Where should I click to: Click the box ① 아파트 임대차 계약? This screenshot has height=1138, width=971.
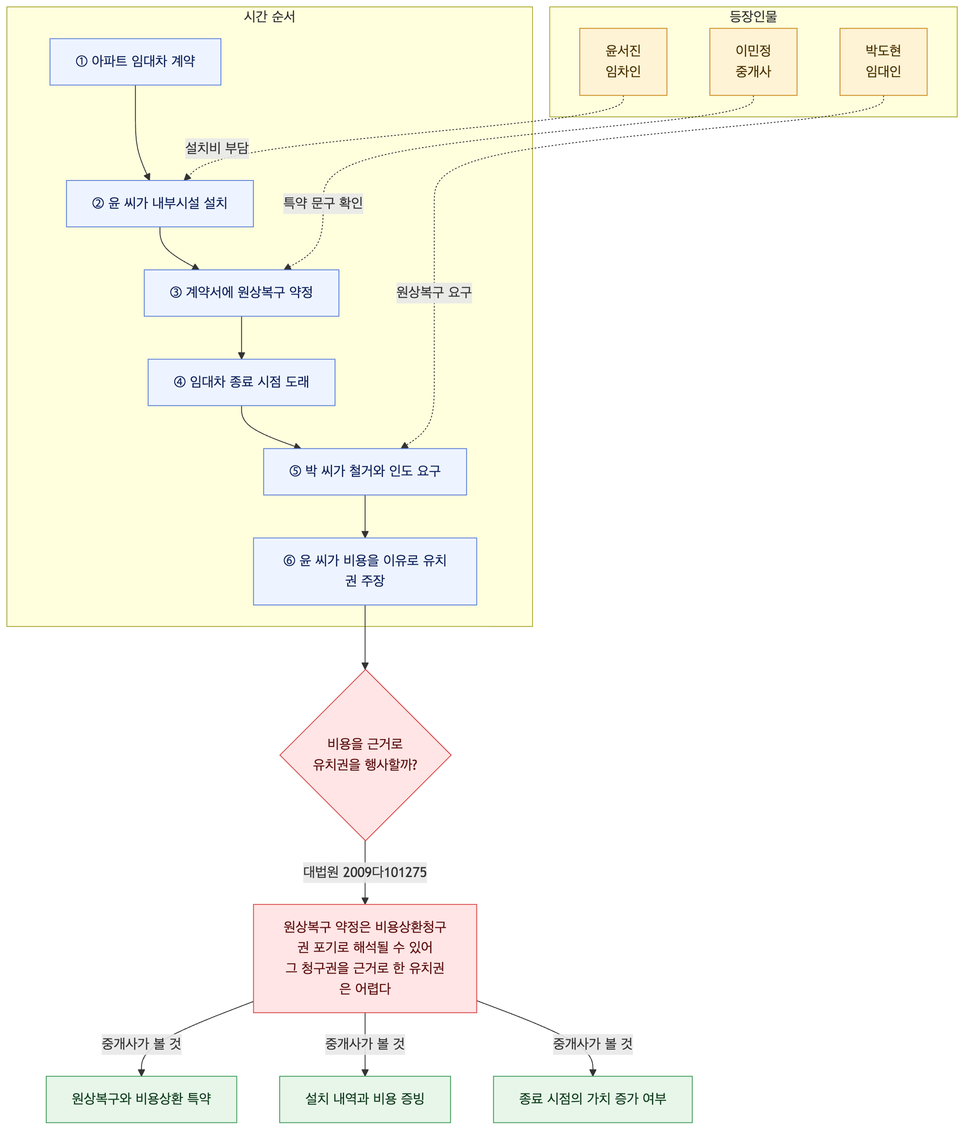pyautogui.click(x=135, y=61)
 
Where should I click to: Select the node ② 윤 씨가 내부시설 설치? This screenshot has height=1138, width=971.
pyautogui.click(x=160, y=203)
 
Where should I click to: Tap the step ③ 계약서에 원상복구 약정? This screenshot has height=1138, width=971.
pyautogui.click(x=242, y=293)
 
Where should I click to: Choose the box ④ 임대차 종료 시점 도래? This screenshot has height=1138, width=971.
pyautogui.click(x=242, y=382)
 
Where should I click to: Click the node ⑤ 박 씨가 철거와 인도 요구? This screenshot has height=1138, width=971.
pyautogui.click(x=365, y=471)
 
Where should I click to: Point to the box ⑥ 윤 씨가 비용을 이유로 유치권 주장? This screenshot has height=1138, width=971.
pyautogui.click(x=365, y=571)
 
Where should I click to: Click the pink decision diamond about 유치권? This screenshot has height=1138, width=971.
pyautogui.click(x=365, y=755)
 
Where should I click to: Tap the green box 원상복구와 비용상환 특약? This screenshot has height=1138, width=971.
pyautogui.click(x=142, y=1099)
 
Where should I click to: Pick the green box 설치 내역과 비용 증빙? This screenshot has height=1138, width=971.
pyautogui.click(x=365, y=1099)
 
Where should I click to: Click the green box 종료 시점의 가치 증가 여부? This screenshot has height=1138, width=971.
pyautogui.click(x=593, y=1099)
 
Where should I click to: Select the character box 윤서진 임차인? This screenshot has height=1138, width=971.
pyautogui.click(x=623, y=61)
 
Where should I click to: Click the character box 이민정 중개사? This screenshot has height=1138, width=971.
pyautogui.click(x=753, y=61)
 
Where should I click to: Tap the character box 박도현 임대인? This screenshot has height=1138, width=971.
pyautogui.click(x=883, y=61)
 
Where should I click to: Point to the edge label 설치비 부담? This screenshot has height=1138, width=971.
pyautogui.click(x=217, y=148)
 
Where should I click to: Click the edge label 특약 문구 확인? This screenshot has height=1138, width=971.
pyautogui.click(x=323, y=203)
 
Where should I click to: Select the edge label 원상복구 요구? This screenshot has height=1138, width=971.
pyautogui.click(x=434, y=292)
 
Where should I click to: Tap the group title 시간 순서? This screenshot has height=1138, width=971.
pyautogui.click(x=269, y=16)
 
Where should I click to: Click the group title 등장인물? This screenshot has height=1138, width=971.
pyautogui.click(x=753, y=16)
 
